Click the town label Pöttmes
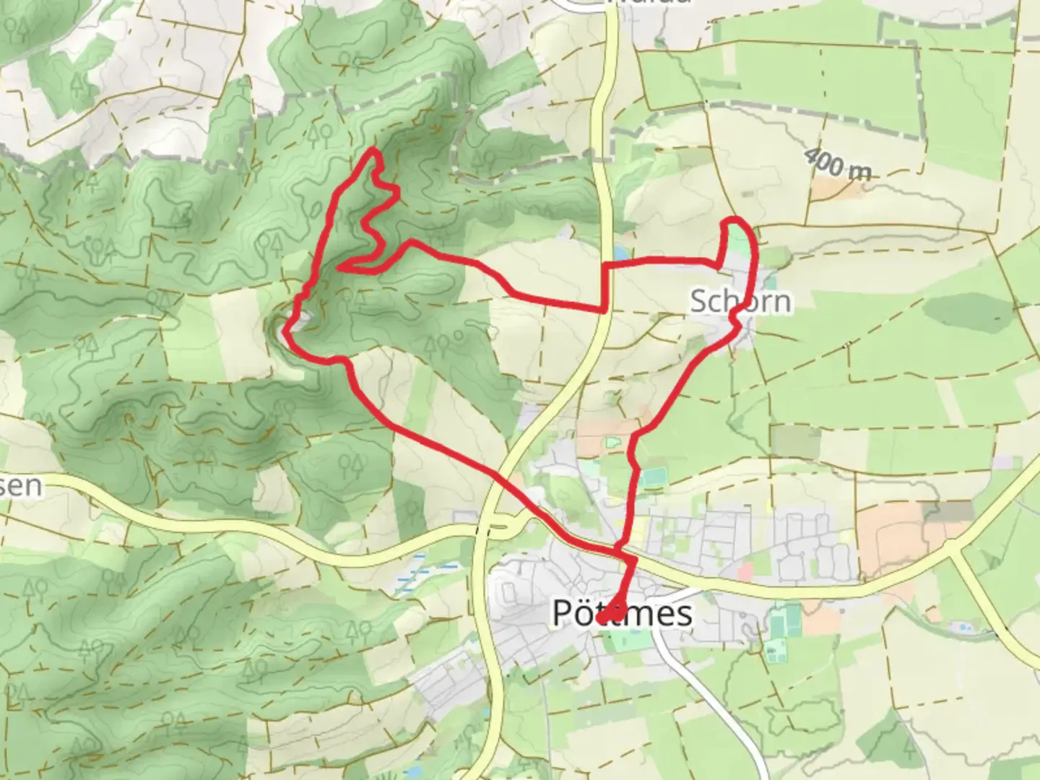[x=622, y=613]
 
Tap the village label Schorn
[x=740, y=301]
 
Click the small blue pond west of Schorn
[x=620, y=253]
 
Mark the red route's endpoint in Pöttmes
[x=604, y=617]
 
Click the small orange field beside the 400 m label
[x=831, y=188]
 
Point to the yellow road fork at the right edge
[x=957, y=552]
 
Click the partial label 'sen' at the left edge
[x=20, y=485]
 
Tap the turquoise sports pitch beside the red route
[x=654, y=477]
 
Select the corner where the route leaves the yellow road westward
[x=604, y=310]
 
